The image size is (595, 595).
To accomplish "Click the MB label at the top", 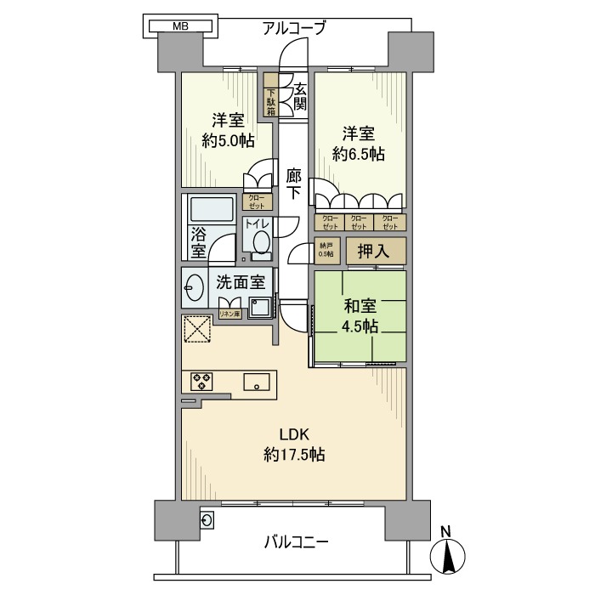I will pyautogui.click(x=180, y=26).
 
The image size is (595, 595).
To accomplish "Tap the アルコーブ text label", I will pyautogui.click(x=296, y=27).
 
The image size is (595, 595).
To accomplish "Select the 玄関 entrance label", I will pyautogui.click(x=299, y=95).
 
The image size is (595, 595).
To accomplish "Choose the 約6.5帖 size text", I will pyautogui.click(x=359, y=154).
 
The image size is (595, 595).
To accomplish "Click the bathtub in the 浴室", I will pyautogui.click(x=211, y=210).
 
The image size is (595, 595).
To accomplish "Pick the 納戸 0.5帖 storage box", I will pyautogui.click(x=326, y=249).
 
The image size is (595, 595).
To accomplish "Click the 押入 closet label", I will pyautogui.click(x=372, y=250).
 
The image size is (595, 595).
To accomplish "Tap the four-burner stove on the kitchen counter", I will pyautogui.click(x=202, y=382).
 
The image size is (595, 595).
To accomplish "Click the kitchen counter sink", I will pyautogui.click(x=256, y=382).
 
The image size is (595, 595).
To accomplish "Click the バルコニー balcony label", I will pyautogui.click(x=296, y=541).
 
